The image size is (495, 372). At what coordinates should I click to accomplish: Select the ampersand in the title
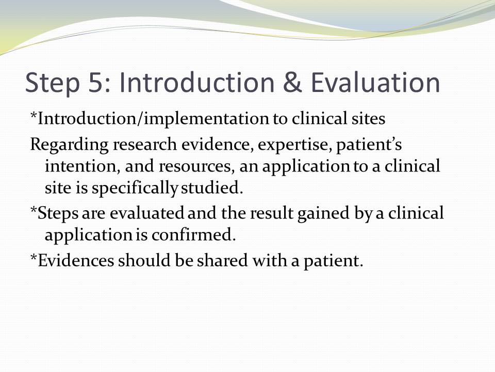coord(292,83)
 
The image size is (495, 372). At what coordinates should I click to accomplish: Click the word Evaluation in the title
coord(375,83)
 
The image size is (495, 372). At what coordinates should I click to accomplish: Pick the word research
coord(145,144)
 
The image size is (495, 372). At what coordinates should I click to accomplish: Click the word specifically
coord(135,189)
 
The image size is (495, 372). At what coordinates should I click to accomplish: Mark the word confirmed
coord(193,235)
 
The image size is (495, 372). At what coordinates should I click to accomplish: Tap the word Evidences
coord(76,260)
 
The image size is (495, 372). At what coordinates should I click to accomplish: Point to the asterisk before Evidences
coord(34,256)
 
